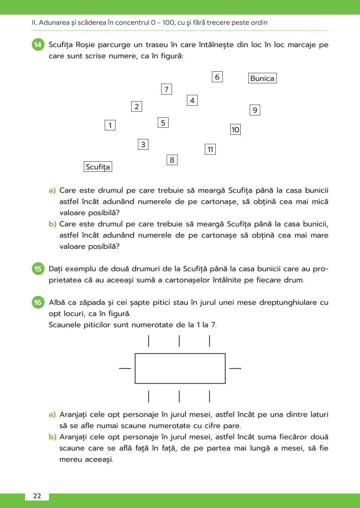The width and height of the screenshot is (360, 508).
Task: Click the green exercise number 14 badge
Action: [x=38, y=45]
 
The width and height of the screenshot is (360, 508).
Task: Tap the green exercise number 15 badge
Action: [x=38, y=269]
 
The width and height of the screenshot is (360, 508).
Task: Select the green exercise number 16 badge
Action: [x=38, y=302]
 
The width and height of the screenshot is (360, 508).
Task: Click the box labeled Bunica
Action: [x=262, y=78]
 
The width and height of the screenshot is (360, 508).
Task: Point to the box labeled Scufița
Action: [x=98, y=167]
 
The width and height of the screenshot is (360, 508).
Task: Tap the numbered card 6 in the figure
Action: [x=217, y=77]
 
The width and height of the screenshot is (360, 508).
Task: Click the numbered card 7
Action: [x=166, y=89]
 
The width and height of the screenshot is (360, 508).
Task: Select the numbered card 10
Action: [x=235, y=130]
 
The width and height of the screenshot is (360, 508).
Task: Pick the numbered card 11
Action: [x=210, y=149]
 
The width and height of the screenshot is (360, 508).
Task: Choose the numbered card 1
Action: [x=110, y=125]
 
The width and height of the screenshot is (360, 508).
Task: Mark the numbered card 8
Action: [x=172, y=160]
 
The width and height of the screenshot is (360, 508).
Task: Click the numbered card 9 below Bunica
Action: [x=255, y=110]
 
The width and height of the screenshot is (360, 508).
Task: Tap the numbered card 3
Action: [x=143, y=145]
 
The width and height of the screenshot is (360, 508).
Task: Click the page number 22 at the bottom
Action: [x=37, y=496]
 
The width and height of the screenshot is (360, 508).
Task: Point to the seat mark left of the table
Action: [x=125, y=368]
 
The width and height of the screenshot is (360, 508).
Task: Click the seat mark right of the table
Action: [x=235, y=368]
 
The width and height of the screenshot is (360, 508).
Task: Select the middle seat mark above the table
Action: [x=179, y=341]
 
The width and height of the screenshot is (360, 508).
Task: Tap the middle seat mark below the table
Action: [x=179, y=396]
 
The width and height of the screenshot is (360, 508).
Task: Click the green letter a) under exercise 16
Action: [x=52, y=415]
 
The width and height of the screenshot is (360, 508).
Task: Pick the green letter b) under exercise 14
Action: [x=52, y=224]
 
